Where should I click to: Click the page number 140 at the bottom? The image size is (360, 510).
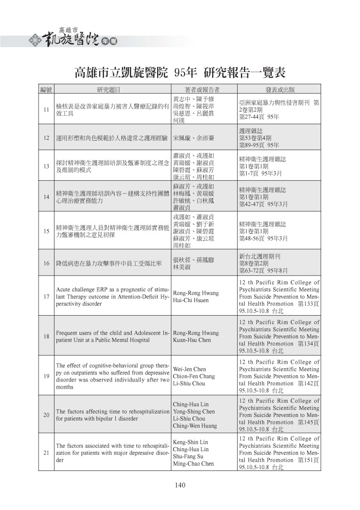180,486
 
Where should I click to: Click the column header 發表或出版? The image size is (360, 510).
280,89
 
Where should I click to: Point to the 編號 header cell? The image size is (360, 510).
46,89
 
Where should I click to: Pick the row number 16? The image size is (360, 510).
46,263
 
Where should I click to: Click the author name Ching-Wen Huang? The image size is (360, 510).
195,426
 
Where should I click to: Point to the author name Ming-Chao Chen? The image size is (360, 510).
193,463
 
